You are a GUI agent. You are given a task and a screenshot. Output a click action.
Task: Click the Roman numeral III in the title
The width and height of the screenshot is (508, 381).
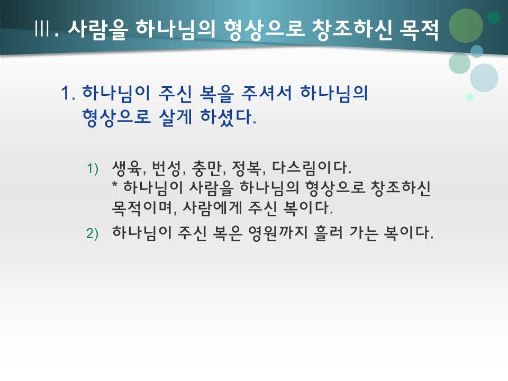[x=42, y=30]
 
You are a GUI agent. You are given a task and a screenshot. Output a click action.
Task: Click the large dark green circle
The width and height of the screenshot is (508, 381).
[x=466, y=25]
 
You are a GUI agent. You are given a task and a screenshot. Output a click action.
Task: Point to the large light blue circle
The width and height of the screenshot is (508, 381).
[x=484, y=78]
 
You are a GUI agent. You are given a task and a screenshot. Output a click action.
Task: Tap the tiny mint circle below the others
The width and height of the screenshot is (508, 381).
[x=469, y=97]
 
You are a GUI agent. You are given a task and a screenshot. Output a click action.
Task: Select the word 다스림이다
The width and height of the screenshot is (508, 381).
[x=312, y=169]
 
